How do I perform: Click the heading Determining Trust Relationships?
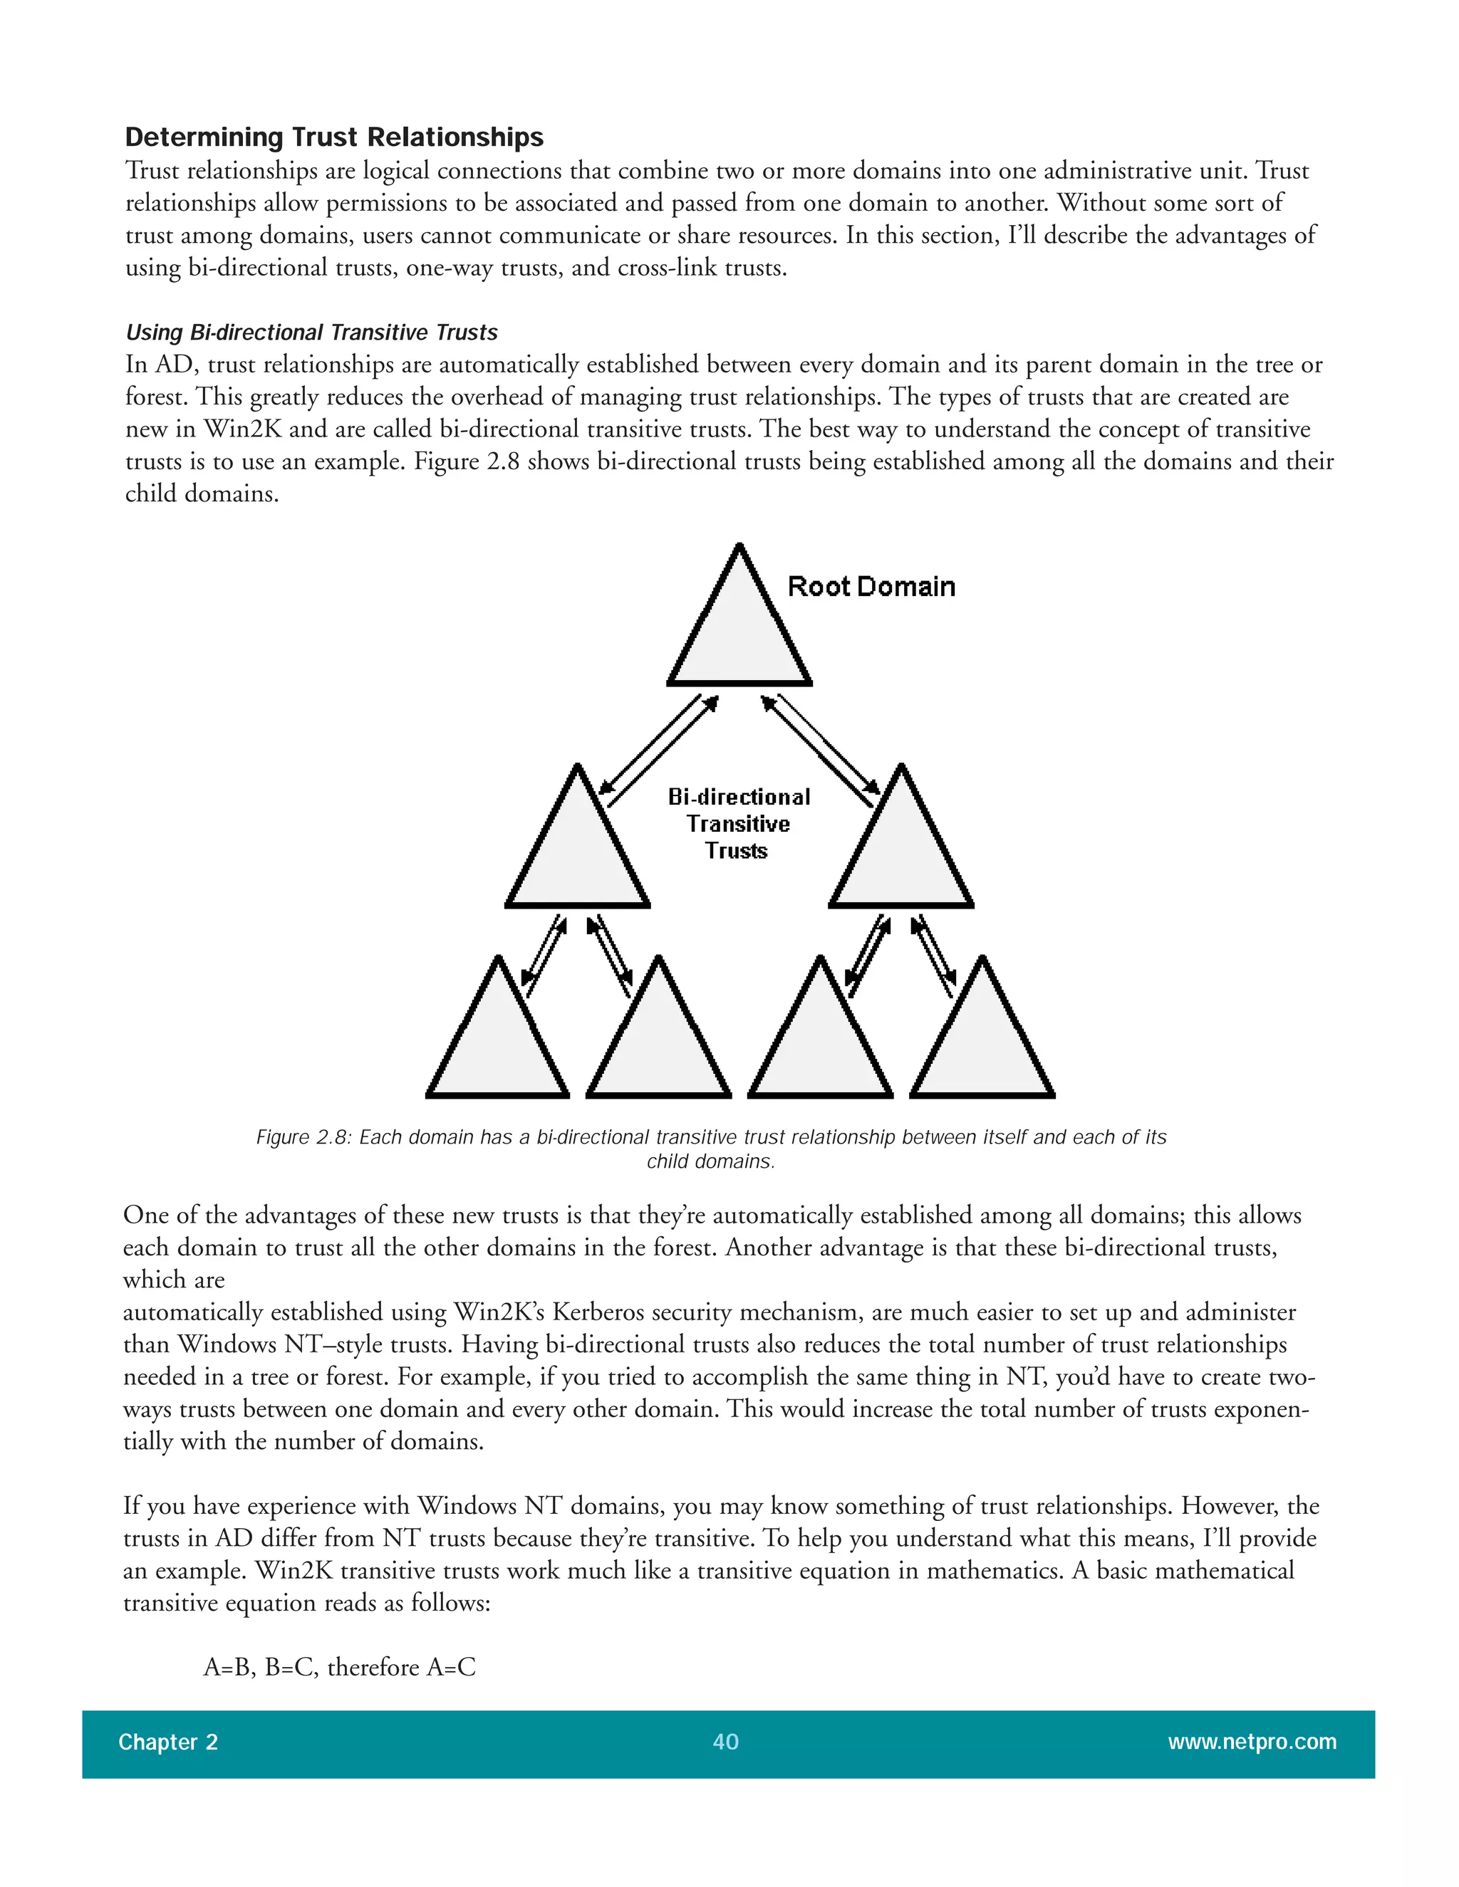pyautogui.click(x=333, y=137)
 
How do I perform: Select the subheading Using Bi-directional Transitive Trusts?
pyautogui.click(x=311, y=333)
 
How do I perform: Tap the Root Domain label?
pyautogui.click(x=871, y=587)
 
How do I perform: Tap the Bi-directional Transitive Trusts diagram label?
pyautogui.click(x=738, y=823)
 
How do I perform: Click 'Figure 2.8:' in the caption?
pyautogui.click(x=303, y=1137)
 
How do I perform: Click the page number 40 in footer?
pyautogui.click(x=725, y=1742)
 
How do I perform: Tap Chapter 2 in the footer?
pyautogui.click(x=167, y=1742)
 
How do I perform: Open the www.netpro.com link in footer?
pyautogui.click(x=1252, y=1742)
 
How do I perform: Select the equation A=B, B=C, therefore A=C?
pyautogui.click(x=340, y=1667)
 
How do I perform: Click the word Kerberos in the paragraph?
pyautogui.click(x=599, y=1312)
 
